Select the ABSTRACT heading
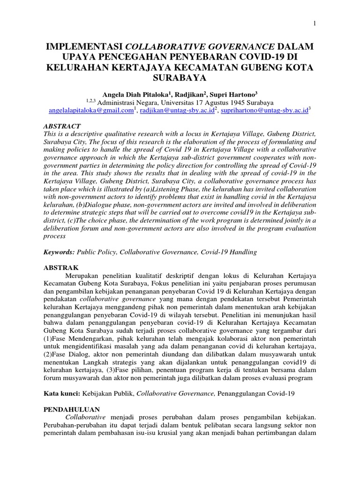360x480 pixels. click(62, 127)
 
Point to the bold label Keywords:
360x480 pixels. click(59, 252)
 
